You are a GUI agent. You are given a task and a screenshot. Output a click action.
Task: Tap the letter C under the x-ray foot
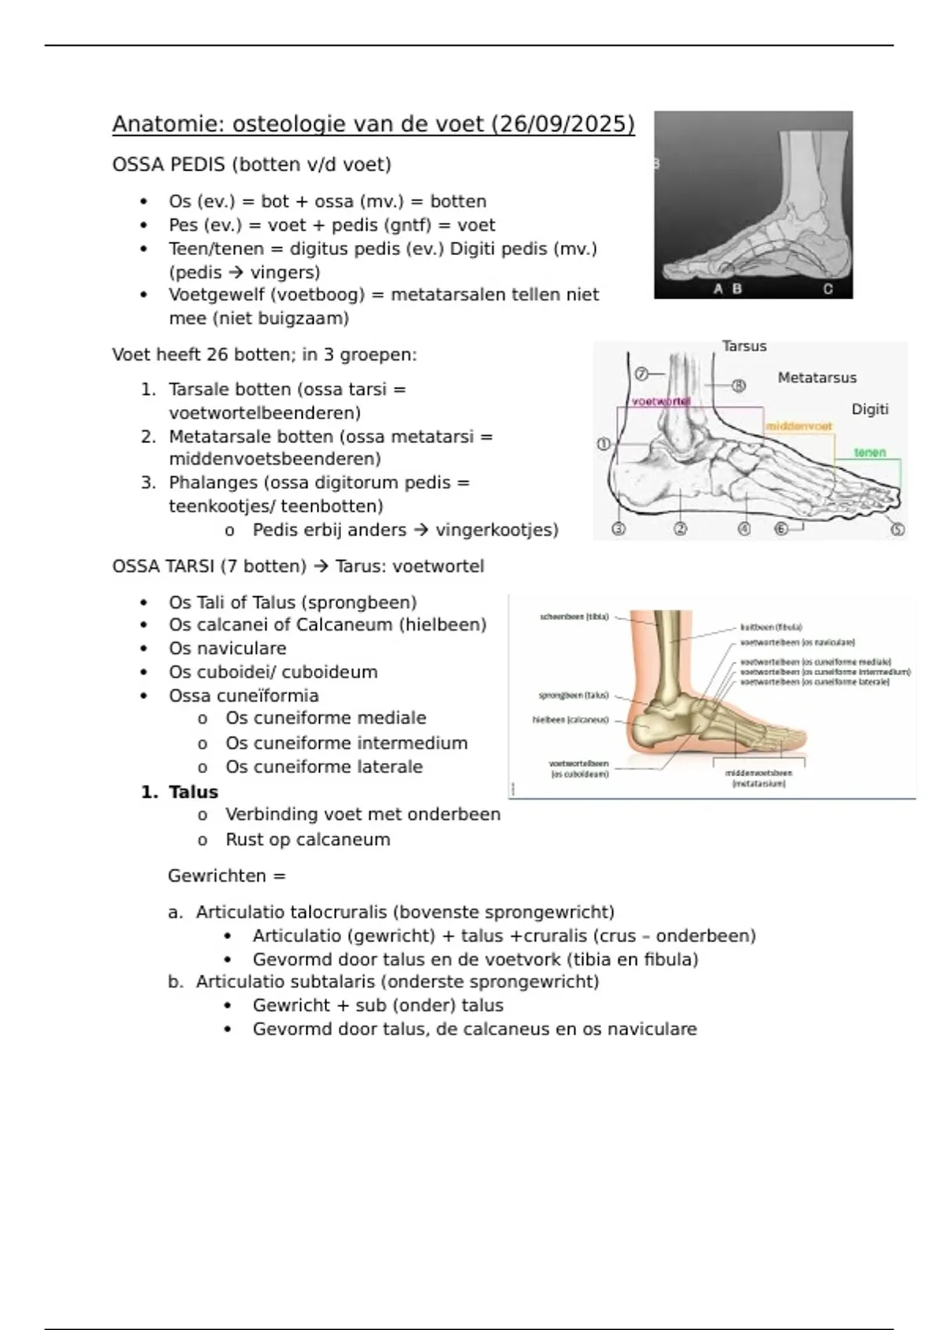click(828, 289)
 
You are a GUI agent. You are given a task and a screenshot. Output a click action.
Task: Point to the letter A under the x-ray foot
click(718, 289)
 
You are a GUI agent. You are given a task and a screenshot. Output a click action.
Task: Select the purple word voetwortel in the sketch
click(660, 401)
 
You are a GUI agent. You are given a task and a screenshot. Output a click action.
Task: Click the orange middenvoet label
click(799, 426)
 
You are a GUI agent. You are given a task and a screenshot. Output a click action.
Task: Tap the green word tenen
click(869, 452)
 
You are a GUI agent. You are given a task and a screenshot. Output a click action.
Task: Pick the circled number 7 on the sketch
click(642, 374)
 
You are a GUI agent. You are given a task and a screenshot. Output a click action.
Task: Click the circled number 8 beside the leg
click(738, 385)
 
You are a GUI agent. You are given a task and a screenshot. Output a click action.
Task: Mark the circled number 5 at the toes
click(898, 529)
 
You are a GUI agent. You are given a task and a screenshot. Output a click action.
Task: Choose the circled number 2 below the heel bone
click(680, 529)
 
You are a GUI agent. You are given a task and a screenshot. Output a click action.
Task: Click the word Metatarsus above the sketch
click(817, 378)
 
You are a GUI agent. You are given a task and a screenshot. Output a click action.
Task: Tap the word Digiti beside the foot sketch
click(869, 409)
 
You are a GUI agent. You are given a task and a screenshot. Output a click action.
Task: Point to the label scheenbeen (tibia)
click(574, 617)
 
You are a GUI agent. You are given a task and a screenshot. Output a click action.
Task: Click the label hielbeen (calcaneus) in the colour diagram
click(570, 720)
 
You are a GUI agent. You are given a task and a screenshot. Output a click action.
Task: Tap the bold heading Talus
click(193, 792)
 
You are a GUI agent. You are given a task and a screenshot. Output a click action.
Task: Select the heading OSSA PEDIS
click(168, 165)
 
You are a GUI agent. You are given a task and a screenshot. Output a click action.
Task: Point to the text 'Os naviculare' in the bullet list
click(227, 649)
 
